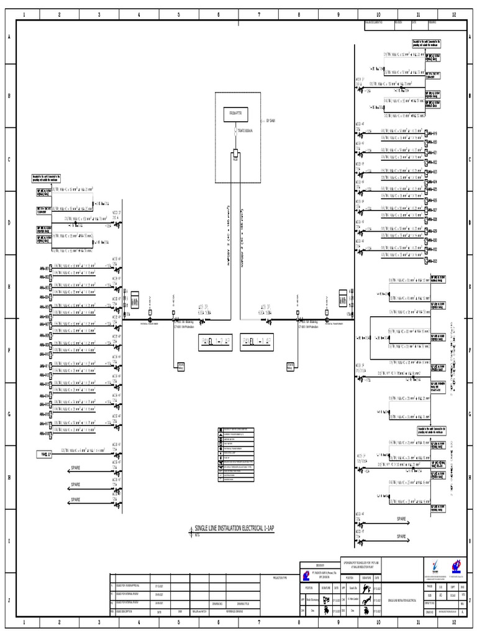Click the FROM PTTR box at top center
[x=237, y=114]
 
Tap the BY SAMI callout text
[x=271, y=120]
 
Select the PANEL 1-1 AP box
[x=215, y=341]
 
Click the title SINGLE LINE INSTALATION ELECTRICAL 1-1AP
[x=234, y=528]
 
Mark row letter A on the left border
[x=9, y=37]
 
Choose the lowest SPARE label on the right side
[x=401, y=535]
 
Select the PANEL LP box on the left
[x=44, y=455]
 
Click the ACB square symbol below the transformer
[x=236, y=154]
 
